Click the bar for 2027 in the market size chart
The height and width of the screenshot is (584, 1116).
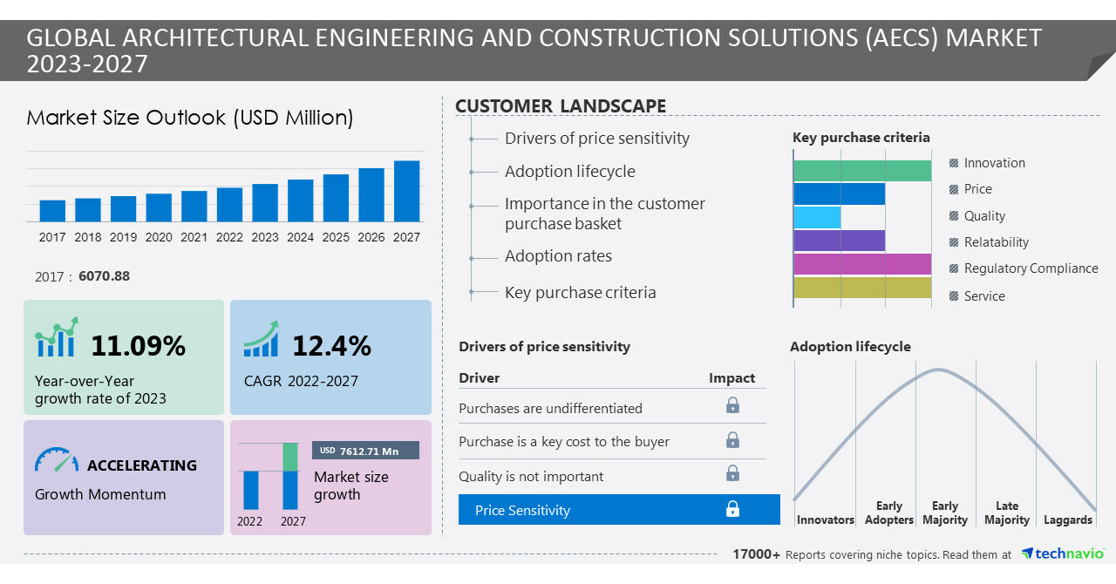point(406,191)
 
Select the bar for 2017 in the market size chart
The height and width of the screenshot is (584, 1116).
point(52,211)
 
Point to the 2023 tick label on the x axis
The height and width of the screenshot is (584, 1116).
point(265,237)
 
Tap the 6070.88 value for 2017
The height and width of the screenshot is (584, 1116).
point(104,276)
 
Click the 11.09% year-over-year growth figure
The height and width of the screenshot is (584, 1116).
point(138,346)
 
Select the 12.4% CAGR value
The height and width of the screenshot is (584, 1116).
point(331,346)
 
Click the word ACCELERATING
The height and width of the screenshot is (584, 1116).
point(142,465)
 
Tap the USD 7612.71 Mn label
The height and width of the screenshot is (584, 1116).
point(365,451)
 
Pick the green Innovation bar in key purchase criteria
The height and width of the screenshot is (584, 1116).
point(862,171)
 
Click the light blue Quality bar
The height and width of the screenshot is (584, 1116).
point(817,217)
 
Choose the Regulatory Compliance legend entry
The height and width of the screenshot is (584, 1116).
point(1031,268)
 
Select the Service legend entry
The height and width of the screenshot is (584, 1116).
point(984,296)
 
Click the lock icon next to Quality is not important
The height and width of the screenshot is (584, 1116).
point(732,473)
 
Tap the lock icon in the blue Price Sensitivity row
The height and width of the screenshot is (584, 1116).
point(732,509)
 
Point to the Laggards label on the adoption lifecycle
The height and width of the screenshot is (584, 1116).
point(1067,520)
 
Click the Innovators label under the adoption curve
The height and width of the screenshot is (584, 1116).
point(825,520)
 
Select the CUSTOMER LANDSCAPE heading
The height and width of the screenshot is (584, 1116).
point(561,106)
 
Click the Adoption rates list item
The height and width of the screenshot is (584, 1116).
point(558,256)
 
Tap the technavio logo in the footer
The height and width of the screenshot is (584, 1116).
point(1062,553)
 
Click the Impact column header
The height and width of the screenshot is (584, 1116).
point(732,377)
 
